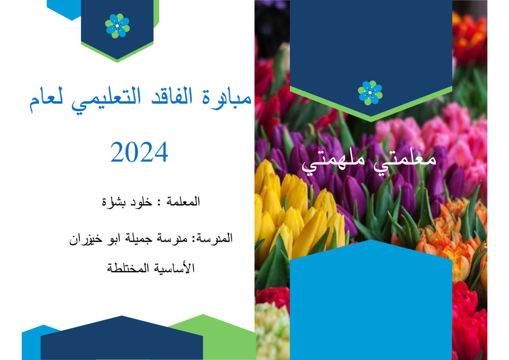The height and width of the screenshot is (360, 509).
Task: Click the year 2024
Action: click(139, 152)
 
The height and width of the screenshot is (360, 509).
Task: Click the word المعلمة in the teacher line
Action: click(183, 202)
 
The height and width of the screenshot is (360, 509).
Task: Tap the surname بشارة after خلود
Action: click(113, 202)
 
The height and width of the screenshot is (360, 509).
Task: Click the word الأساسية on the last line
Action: click(174, 268)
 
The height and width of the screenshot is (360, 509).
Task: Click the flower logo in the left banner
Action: click(117, 26)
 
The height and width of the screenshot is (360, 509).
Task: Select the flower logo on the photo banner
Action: click(370, 93)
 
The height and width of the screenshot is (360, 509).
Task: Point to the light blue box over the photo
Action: click(371, 302)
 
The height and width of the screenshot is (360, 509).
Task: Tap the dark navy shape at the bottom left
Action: click(122, 340)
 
